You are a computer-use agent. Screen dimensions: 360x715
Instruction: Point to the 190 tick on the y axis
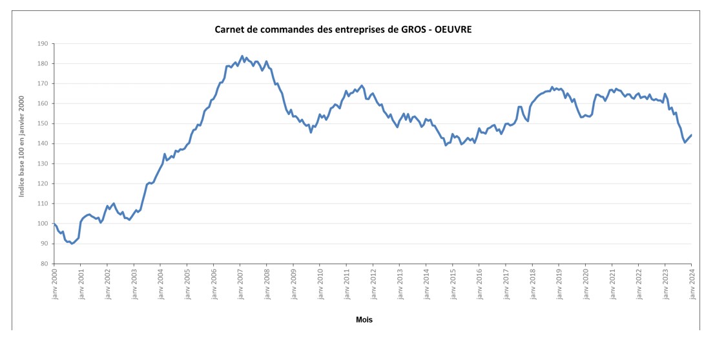point(43,44)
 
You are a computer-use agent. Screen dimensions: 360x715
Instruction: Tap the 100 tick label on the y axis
point(43,224)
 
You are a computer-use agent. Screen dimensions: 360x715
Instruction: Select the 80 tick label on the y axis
point(44,264)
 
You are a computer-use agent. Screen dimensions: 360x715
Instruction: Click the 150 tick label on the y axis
point(43,123)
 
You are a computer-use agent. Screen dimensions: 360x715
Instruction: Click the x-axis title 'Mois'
point(364,319)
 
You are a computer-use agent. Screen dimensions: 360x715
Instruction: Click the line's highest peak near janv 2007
point(242,56)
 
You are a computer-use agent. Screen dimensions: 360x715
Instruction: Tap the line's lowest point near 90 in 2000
point(72,244)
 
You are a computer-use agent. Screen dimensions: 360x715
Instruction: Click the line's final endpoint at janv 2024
point(692,134)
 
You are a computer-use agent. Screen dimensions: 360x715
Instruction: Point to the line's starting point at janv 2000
point(54,224)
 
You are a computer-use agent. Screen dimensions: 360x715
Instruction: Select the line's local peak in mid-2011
point(362,85)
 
